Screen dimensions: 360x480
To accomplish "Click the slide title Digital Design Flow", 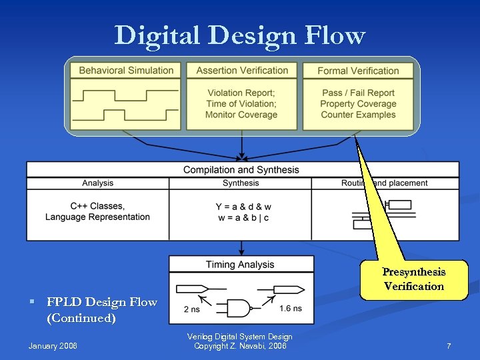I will (239, 35).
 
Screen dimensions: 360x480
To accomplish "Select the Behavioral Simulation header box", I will (126, 71).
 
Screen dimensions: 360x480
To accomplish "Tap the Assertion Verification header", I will (242, 71).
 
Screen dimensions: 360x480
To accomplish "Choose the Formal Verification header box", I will (358, 71).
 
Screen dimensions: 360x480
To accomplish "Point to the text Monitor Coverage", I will (241, 115).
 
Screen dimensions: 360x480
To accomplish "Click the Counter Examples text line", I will (358, 115).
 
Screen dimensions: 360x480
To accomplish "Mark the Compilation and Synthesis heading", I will (241, 170).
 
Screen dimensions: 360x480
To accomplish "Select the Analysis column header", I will (98, 183).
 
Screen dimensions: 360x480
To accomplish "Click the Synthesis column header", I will (241, 183).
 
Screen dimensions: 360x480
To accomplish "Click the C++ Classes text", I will (97, 206).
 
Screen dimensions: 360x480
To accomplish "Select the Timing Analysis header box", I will (241, 265).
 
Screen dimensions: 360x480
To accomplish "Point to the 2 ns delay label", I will (191, 309).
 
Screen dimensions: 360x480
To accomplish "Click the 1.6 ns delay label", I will (290, 309).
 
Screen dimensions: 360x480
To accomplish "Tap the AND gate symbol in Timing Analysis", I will (239, 308).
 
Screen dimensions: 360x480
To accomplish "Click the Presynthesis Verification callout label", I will (413, 279).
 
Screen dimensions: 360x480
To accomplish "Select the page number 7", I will (449, 346).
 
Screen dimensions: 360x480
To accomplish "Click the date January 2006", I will (53, 346).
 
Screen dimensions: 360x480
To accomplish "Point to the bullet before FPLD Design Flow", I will (32, 303).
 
